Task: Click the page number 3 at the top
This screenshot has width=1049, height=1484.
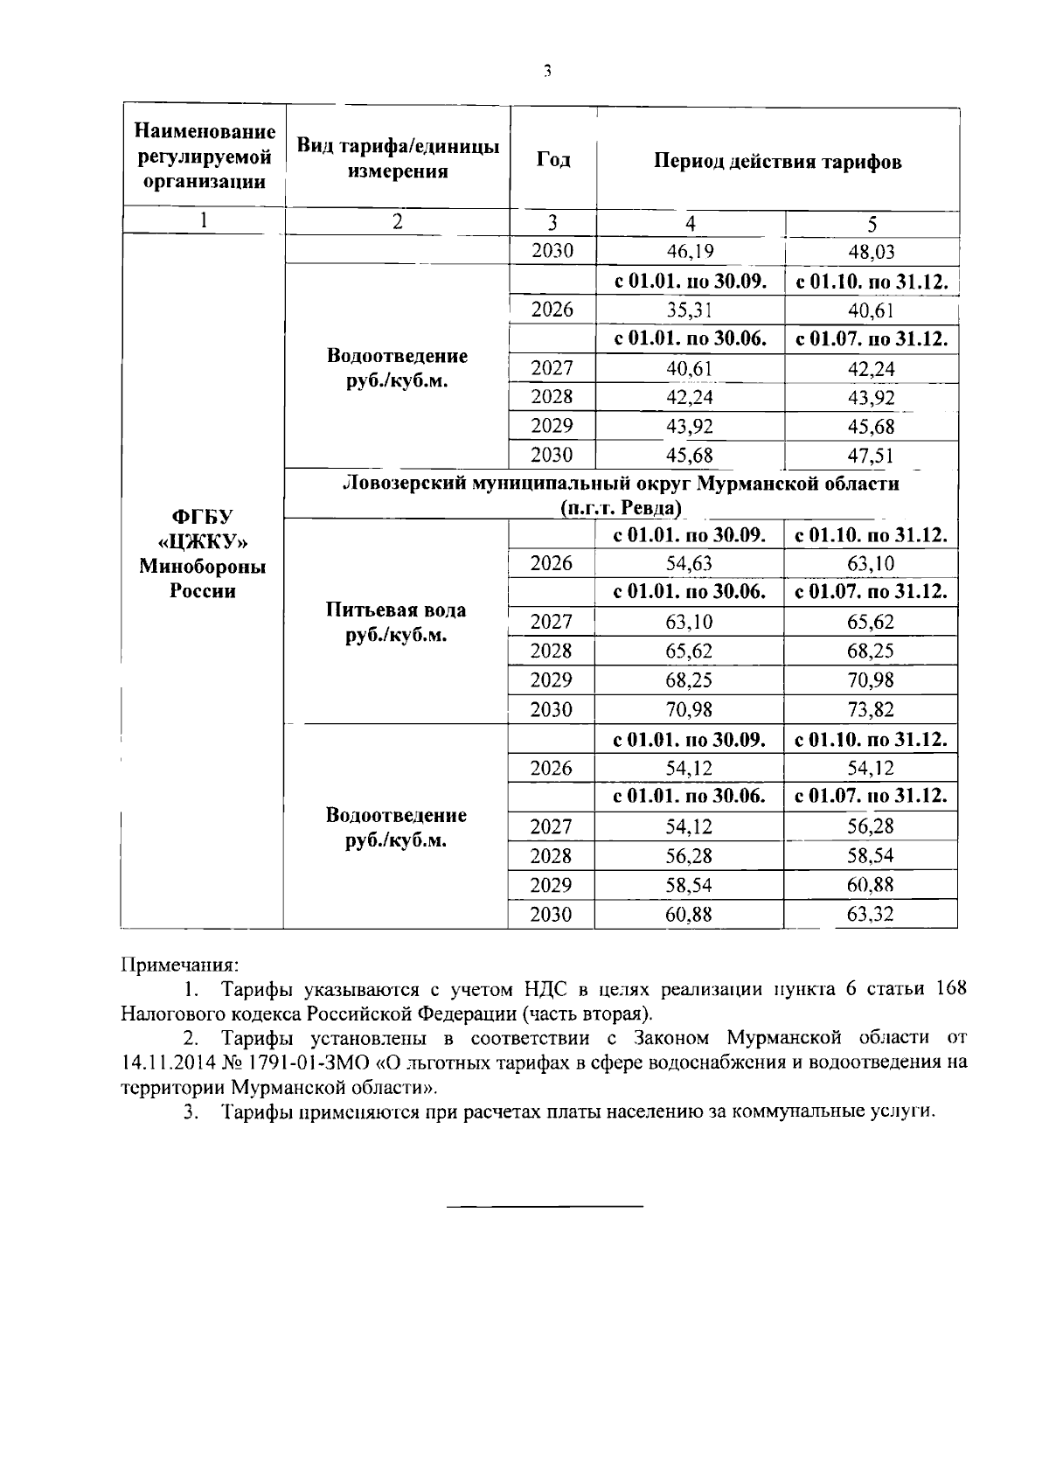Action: [x=546, y=72]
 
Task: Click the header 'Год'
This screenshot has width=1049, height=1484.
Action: [x=552, y=159]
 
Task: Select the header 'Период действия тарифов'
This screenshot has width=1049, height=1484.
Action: [x=777, y=162]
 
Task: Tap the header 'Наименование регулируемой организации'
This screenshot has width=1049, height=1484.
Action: [x=205, y=157]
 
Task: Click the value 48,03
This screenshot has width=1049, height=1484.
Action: [x=871, y=252]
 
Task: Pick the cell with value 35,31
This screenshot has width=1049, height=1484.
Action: [x=690, y=310]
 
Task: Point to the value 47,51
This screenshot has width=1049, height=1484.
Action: [x=871, y=456]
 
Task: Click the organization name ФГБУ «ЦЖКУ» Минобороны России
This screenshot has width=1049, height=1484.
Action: [x=203, y=554]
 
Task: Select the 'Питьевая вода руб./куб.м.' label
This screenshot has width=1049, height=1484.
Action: [x=396, y=622]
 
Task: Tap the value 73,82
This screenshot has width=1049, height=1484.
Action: [x=871, y=709]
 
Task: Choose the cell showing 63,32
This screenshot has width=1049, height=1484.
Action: [x=871, y=915]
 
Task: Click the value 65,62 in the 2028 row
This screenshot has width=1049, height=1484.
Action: [x=690, y=651]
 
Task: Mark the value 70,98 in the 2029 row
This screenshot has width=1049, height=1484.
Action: [x=871, y=680]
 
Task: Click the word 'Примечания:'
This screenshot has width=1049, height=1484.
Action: [x=178, y=965]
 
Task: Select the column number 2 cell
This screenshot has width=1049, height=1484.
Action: [x=397, y=221]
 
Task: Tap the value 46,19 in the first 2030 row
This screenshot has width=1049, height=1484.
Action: [x=690, y=252]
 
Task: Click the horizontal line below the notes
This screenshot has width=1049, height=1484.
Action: [x=545, y=1207]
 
